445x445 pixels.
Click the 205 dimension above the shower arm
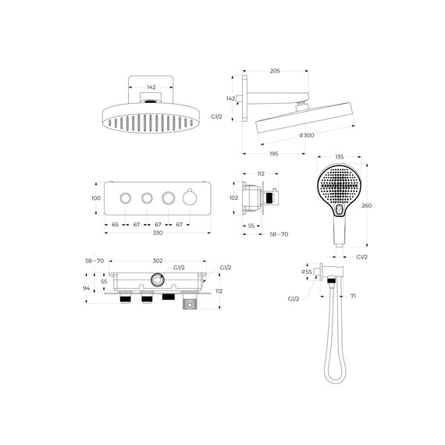[x=275, y=71]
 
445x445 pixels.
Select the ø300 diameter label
[x=307, y=135]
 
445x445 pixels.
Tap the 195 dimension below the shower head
[x=273, y=154]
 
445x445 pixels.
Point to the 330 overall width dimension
[x=158, y=233]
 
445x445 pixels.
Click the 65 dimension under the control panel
[x=115, y=225]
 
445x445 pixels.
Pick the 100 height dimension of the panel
[x=96, y=198]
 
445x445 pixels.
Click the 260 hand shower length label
[x=366, y=205]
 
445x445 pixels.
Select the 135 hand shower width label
[x=340, y=157]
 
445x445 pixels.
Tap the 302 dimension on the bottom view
[x=158, y=261]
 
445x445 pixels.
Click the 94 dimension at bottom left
[x=86, y=288]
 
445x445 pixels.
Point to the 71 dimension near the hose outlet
[x=353, y=296]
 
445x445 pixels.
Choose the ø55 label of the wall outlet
[x=307, y=272]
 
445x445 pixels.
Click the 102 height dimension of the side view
[x=233, y=198]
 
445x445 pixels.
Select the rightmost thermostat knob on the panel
[x=190, y=197]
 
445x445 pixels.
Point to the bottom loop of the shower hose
[x=335, y=383]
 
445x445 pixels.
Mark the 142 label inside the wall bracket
[x=151, y=87]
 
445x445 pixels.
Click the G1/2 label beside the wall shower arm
[x=216, y=116]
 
